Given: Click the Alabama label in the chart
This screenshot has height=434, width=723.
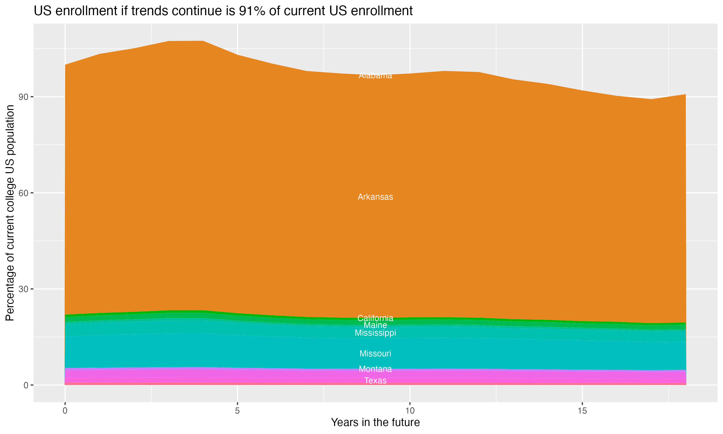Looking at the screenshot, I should [375, 75].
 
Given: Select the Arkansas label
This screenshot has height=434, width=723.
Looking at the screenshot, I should [375, 197].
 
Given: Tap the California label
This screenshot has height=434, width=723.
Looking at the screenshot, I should [375, 318].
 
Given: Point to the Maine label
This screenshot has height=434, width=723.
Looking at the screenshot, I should [375, 325].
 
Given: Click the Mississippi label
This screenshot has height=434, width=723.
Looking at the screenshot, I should [375, 333].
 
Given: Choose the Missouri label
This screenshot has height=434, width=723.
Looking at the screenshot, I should [375, 353].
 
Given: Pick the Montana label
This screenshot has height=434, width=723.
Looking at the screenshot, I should [375, 369].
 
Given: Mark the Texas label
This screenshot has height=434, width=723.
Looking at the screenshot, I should [375, 380].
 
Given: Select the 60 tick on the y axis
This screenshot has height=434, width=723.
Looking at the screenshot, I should [23, 193].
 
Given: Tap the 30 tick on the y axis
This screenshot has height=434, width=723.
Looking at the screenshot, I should [23, 289].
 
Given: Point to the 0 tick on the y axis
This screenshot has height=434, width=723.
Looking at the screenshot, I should [26, 385].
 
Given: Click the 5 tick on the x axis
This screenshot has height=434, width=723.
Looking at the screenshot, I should [237, 411].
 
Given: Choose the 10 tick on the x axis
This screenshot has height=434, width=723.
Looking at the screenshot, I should [410, 411].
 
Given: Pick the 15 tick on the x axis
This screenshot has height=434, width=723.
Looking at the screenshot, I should [582, 411].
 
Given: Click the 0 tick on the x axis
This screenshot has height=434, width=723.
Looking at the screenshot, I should [65, 411].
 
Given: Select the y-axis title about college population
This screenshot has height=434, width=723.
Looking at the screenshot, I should [10, 213].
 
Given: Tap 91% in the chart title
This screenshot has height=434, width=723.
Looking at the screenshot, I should [251, 11].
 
